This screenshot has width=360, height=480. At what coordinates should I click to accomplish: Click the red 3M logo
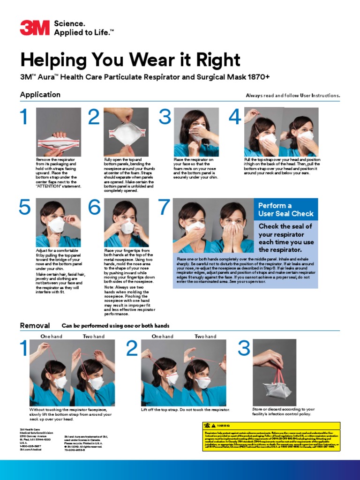pos(34,28)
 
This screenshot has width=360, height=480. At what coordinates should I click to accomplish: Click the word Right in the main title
pos(215,60)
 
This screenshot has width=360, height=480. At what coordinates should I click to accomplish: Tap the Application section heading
pos(40,95)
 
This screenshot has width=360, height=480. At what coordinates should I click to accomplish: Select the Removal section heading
pos(35,325)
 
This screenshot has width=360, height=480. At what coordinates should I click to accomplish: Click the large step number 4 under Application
pos(235,117)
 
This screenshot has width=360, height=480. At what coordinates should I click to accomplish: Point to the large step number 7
pos(164,207)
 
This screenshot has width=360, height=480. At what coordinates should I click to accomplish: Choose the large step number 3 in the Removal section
pos(244,348)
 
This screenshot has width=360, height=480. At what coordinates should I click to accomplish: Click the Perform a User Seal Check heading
pos(286,210)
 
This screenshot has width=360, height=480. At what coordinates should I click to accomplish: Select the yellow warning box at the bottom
pos(270,436)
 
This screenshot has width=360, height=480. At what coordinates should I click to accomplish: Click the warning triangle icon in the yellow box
pos(207,425)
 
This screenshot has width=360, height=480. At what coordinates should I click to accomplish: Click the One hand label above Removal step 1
pos(51,337)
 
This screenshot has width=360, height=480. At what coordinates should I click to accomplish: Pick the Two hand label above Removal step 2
pos(205,337)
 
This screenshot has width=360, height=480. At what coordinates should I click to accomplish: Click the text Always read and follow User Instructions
pos(292,96)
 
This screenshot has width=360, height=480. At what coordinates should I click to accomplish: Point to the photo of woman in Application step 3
pos(196,132)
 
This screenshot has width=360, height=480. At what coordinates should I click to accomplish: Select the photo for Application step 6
pos(127,222)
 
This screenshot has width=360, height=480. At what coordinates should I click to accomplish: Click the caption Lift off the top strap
pos(186,410)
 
